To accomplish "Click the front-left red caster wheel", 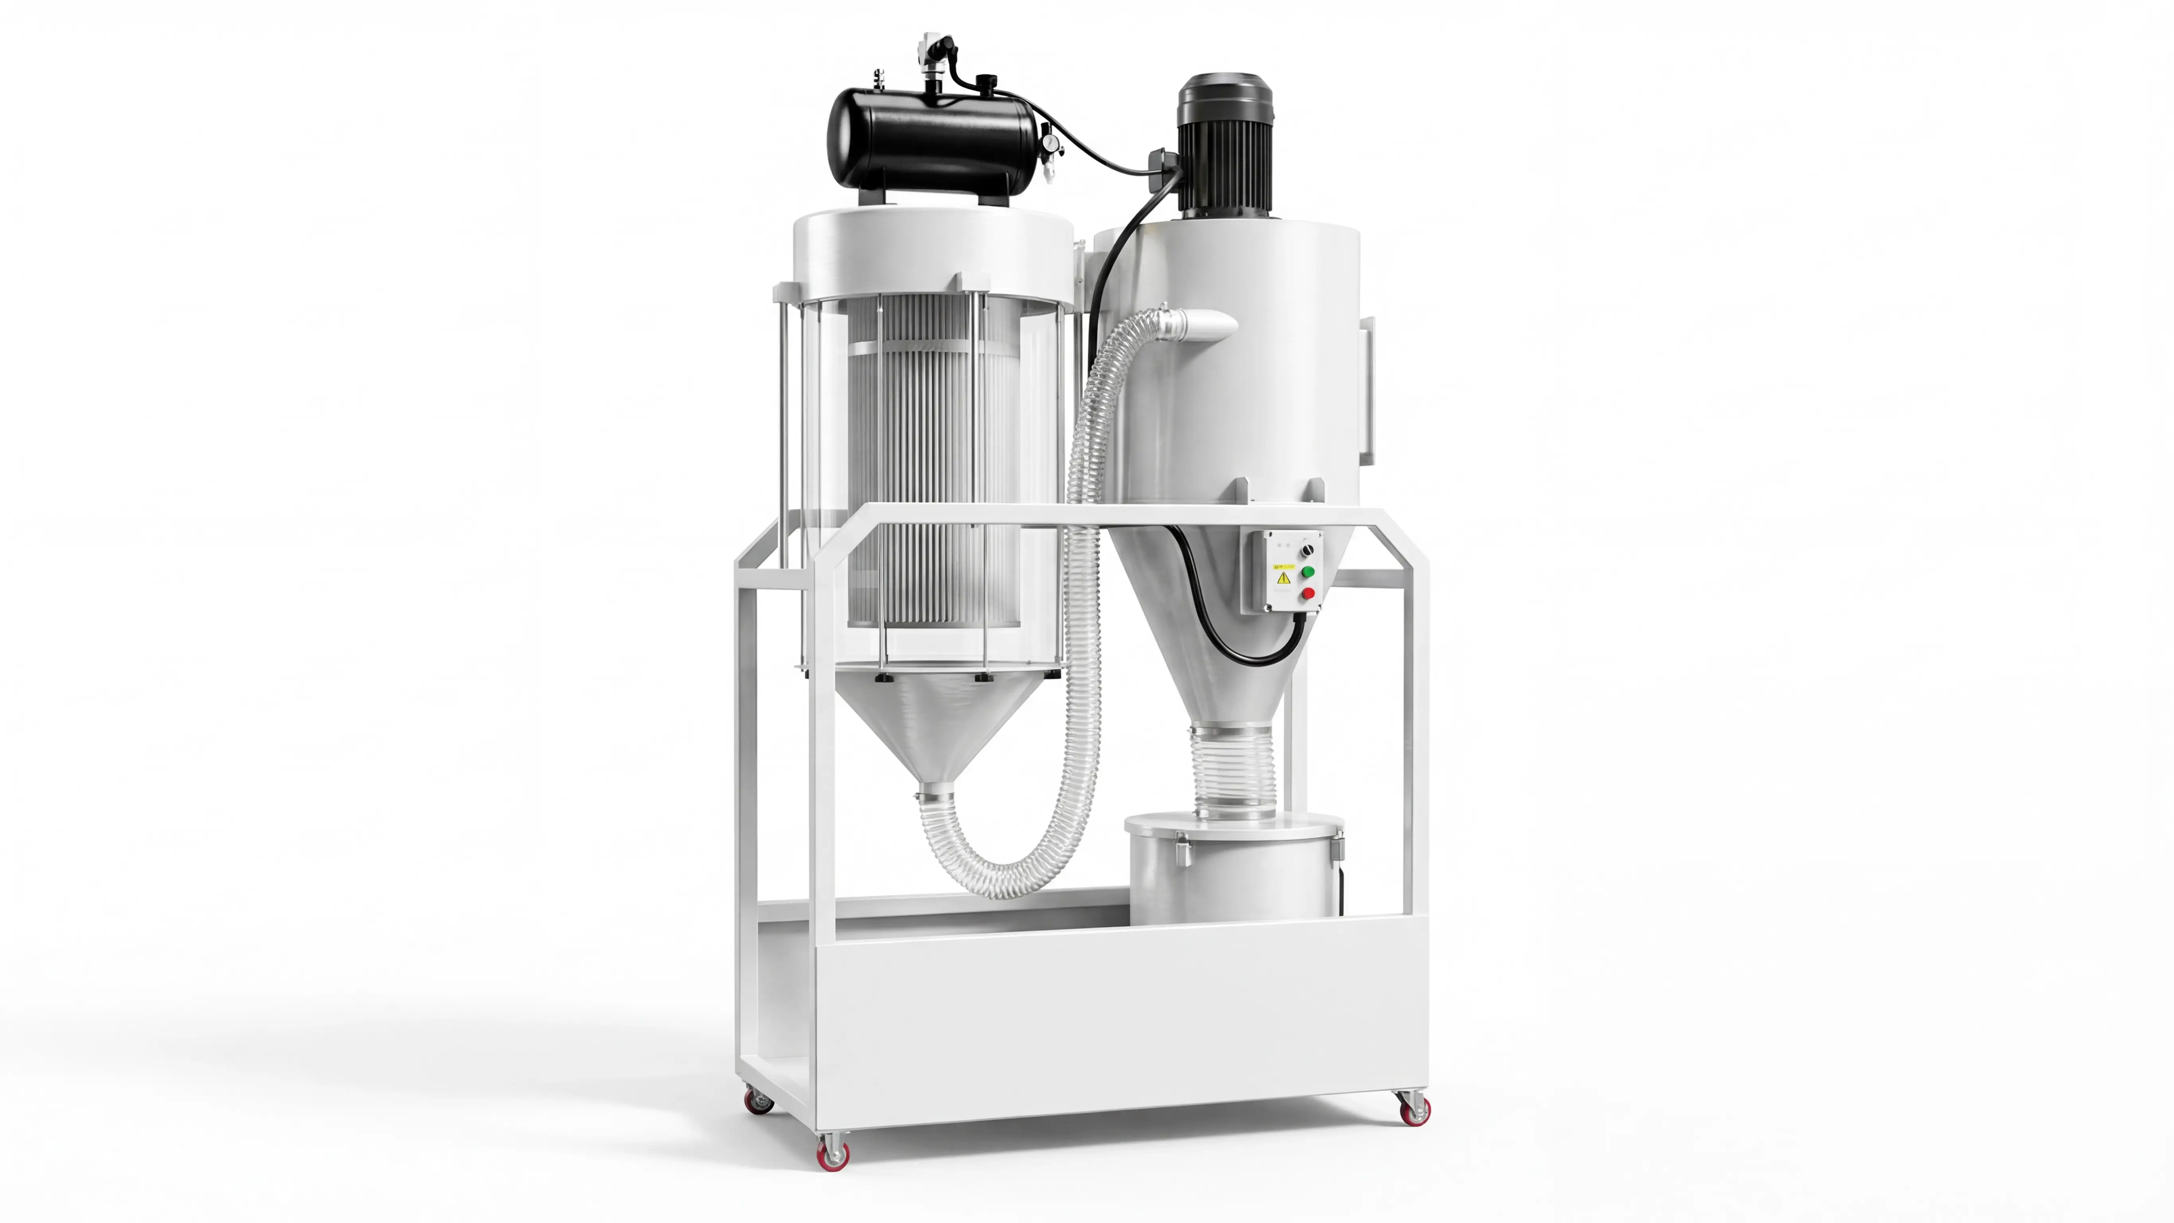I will [x=833, y=1153].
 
